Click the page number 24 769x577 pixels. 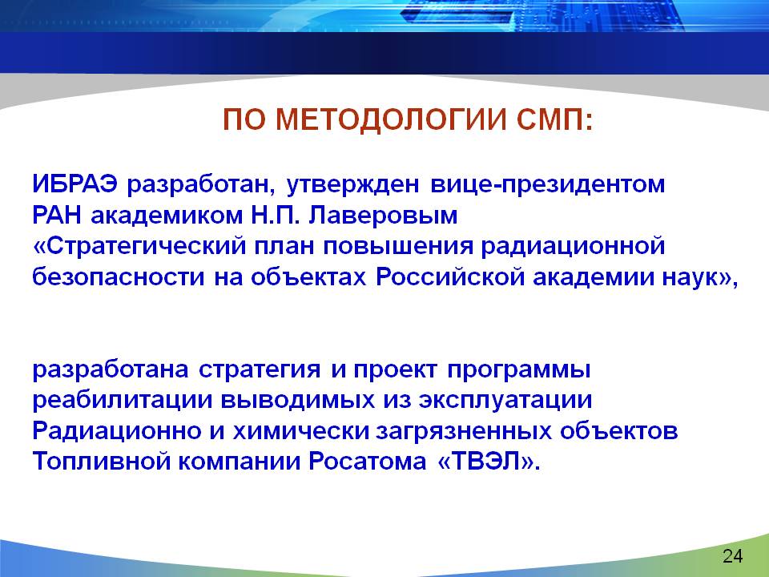733,556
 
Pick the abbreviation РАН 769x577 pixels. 57,216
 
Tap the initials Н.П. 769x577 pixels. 275,216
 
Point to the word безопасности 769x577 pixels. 119,276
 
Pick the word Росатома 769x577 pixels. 368,462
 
